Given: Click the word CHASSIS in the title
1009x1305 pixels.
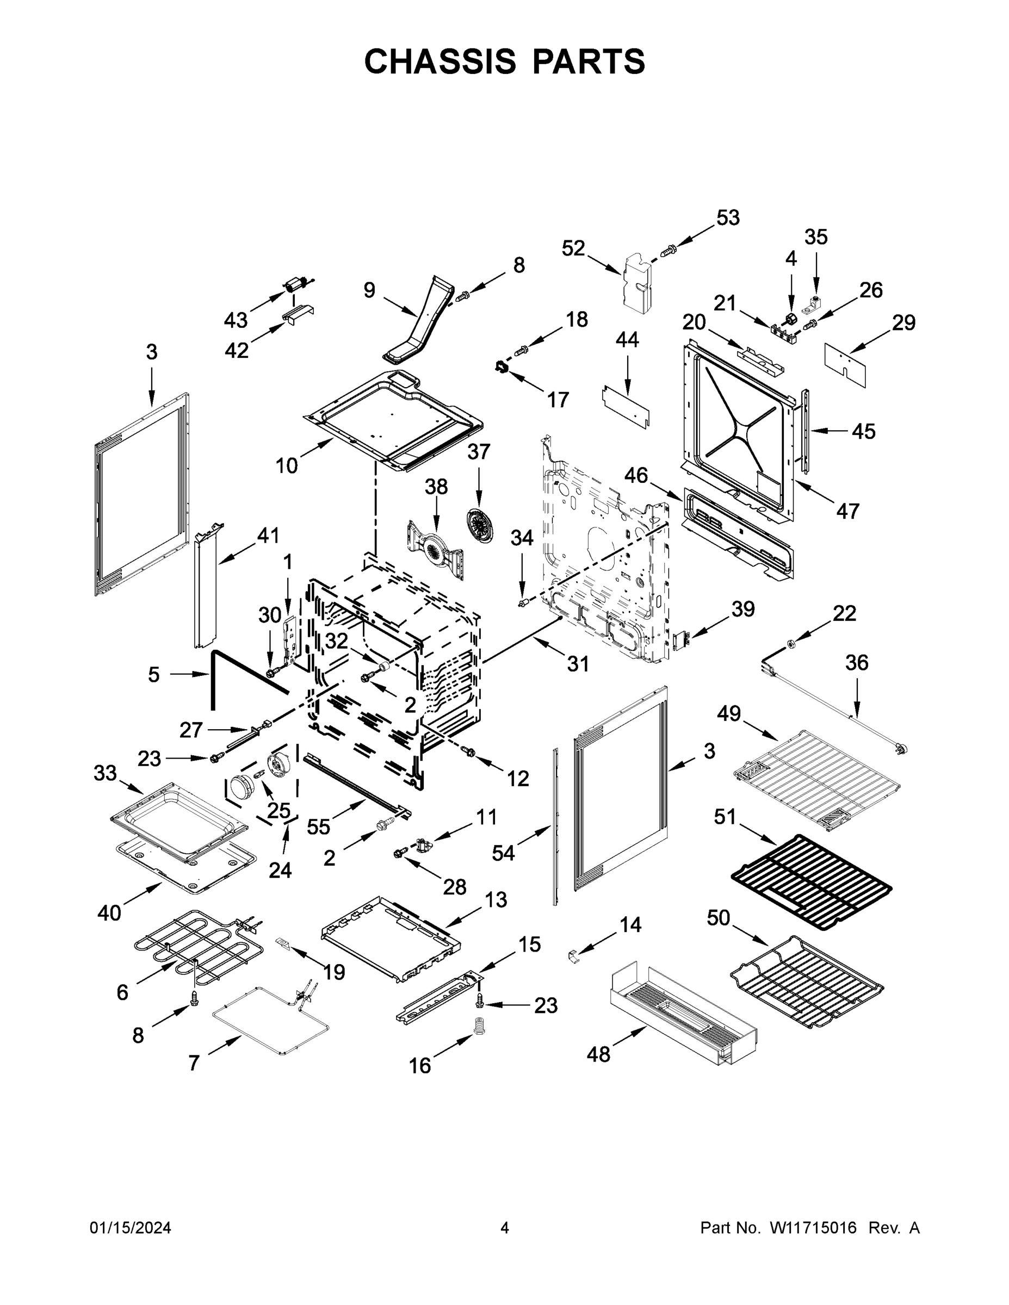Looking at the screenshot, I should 440,61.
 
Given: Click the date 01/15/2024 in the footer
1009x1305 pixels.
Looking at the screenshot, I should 131,1228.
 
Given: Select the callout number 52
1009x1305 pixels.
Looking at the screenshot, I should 573,248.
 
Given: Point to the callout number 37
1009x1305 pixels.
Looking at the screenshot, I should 479,452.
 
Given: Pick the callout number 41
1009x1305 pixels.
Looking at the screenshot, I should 268,536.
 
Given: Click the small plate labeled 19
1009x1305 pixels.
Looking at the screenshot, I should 283,943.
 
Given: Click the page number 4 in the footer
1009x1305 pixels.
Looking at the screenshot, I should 505,1228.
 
